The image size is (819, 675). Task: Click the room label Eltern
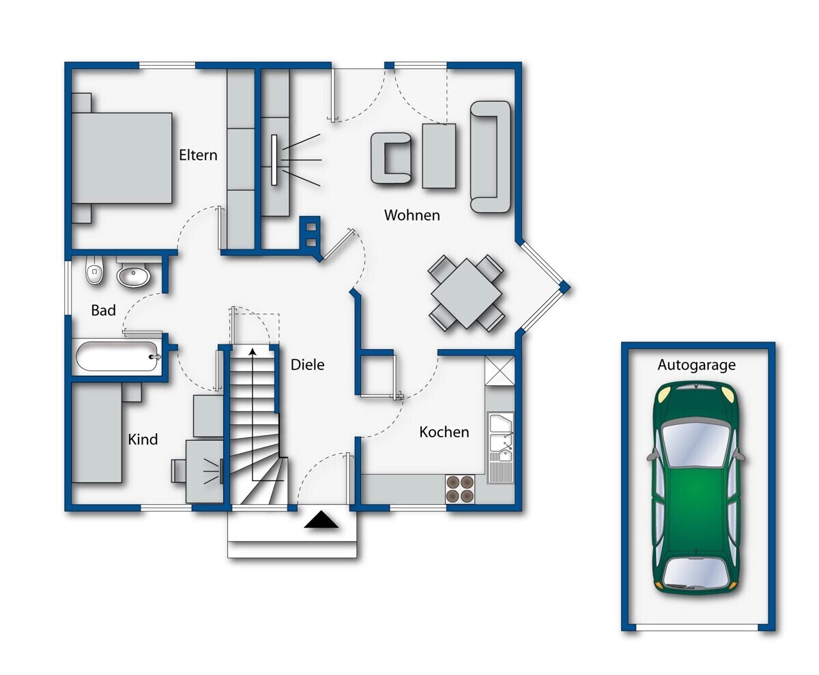pyautogui.click(x=198, y=155)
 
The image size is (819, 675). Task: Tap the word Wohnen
pyautogui.click(x=412, y=215)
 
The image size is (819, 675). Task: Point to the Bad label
pyautogui.click(x=103, y=310)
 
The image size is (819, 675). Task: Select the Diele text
pyautogui.click(x=308, y=365)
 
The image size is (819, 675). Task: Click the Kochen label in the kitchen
pyautogui.click(x=444, y=432)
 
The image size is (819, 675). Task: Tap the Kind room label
pyautogui.click(x=143, y=439)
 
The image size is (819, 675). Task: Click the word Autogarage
pyautogui.click(x=696, y=365)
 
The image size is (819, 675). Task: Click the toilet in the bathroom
pyautogui.click(x=94, y=270)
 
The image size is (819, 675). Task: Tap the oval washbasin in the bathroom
pyautogui.click(x=133, y=275)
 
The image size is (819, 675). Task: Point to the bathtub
pyautogui.click(x=117, y=357)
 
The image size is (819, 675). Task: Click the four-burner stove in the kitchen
pyautogui.click(x=460, y=488)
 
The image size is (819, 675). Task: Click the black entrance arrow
pyautogui.click(x=321, y=519)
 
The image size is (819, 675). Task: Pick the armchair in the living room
pyautogui.click(x=391, y=158)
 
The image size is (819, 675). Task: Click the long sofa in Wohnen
pyautogui.click(x=490, y=156)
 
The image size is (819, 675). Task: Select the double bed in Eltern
pyautogui.click(x=122, y=158)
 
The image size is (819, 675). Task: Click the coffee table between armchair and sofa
pyautogui.click(x=439, y=156)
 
